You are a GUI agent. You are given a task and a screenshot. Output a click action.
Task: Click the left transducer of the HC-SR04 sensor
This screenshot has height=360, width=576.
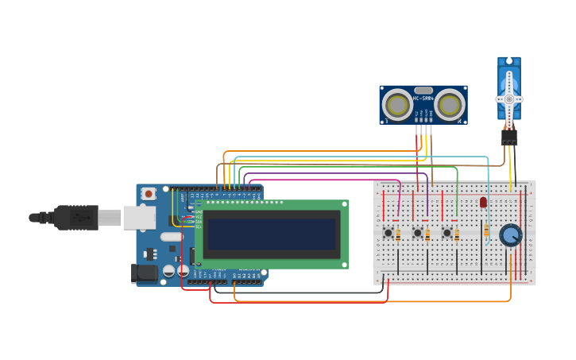tap(398, 105)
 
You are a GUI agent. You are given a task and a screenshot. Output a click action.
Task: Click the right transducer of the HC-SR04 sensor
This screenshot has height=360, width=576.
tap(449, 105)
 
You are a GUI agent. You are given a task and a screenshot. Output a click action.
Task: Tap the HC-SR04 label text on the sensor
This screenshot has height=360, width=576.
tap(423, 98)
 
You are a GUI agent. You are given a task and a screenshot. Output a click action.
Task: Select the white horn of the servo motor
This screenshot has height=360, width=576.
tap(509, 99)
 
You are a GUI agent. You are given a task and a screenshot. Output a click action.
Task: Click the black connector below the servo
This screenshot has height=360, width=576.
tap(509, 137)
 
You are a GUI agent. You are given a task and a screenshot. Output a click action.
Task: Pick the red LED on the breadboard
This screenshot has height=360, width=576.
tap(483, 203)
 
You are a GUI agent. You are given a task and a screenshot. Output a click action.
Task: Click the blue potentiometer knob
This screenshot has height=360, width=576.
tap(510, 234)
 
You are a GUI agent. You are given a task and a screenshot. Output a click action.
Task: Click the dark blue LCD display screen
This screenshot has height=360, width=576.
tap(271, 234)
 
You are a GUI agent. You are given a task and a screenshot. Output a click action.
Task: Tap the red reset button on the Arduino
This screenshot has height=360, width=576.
tap(149, 193)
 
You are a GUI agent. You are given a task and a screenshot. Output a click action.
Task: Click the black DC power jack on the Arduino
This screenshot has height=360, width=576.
tap(144, 273)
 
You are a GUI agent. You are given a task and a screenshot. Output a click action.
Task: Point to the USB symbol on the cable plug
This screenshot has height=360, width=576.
tap(78, 217)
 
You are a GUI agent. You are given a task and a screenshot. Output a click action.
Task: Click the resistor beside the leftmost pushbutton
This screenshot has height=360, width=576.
tap(398, 234)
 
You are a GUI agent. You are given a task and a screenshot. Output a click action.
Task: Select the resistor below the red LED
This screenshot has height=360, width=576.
tap(486, 230)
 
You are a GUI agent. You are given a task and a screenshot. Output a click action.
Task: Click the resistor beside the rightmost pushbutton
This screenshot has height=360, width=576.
tap(457, 234)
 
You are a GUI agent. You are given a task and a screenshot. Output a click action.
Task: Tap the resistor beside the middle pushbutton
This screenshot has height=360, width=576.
tap(427, 234)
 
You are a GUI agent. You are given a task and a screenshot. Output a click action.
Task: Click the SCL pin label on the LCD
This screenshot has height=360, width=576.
tap(198, 227)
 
